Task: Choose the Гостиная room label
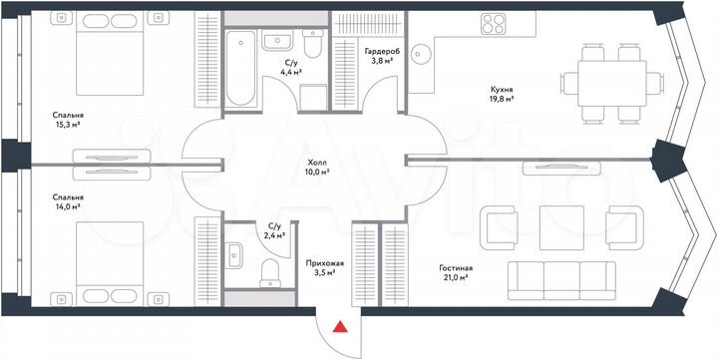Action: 455,268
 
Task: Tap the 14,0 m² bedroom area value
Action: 68,209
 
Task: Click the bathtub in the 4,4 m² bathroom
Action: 242,69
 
